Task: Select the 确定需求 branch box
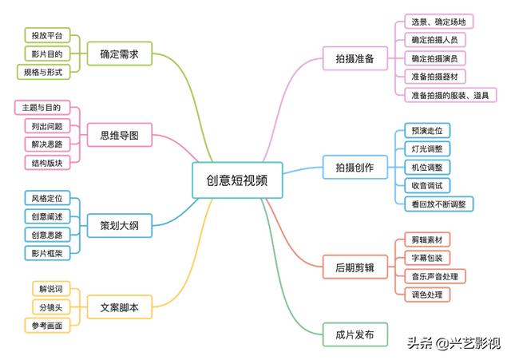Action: coord(120,55)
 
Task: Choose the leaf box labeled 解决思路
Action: coord(43,144)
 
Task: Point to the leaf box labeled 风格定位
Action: coord(46,198)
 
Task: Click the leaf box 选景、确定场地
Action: coord(438,22)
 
